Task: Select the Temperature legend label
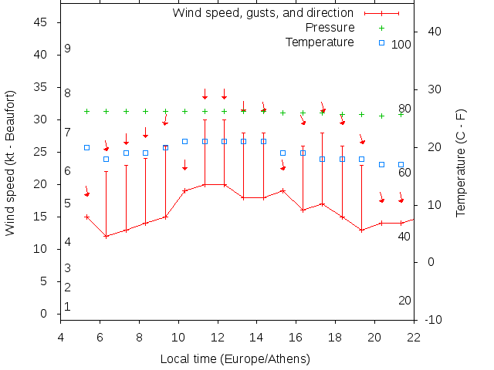pos(320,42)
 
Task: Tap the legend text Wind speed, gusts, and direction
pos(263,13)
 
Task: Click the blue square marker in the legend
pos(381,42)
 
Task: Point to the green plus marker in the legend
pos(381,28)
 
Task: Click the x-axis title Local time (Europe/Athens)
pos(235,359)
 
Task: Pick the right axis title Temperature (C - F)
pos(461,162)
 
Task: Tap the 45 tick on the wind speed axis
pos(42,23)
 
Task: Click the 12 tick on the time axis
pos(218,335)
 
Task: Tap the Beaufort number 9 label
pos(68,49)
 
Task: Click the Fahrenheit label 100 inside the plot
pos(401,45)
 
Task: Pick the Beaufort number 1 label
pos(68,306)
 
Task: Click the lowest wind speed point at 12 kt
pos(107,236)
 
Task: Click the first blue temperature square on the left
pos(86,147)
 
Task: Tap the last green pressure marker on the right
pos(401,114)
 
